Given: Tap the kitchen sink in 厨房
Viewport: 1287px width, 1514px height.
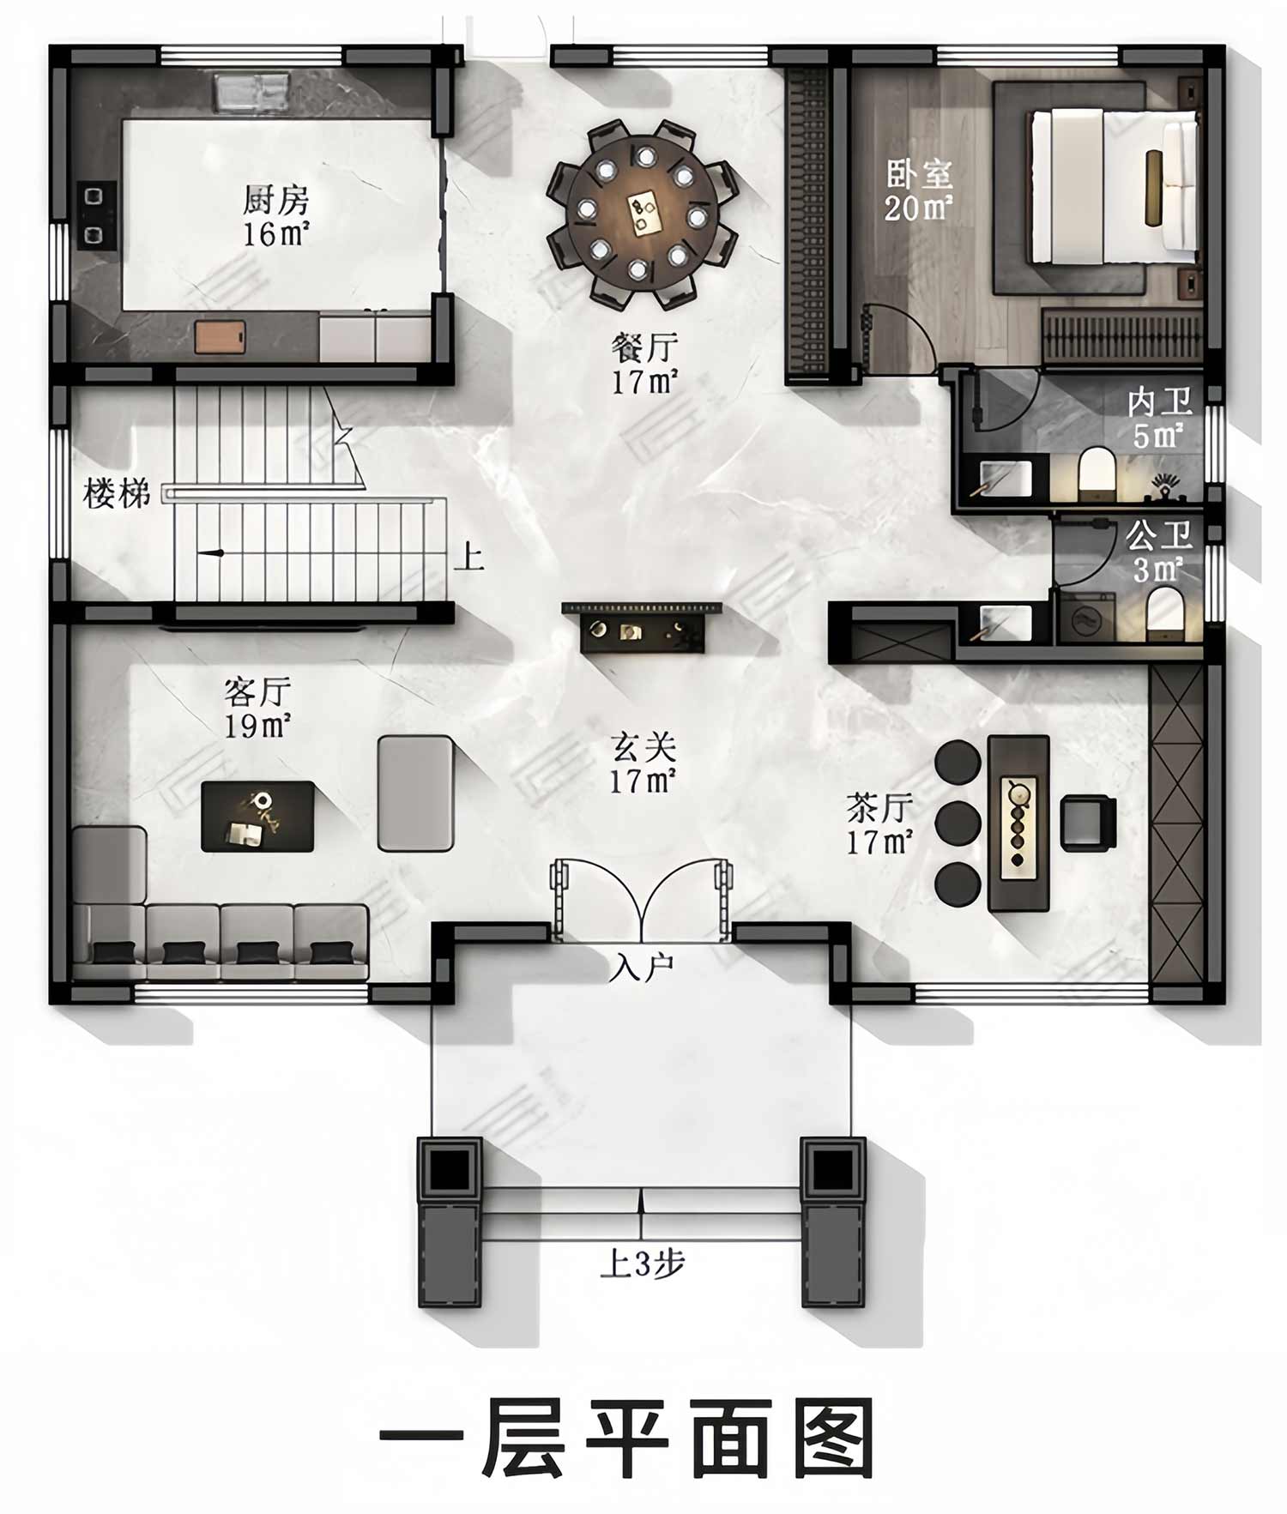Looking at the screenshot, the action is tap(251, 93).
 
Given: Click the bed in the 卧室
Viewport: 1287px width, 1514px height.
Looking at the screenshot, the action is tap(1114, 186).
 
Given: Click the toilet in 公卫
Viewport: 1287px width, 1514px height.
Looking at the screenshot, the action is tap(1164, 612).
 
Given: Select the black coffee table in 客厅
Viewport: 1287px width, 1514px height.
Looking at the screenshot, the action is tap(257, 816).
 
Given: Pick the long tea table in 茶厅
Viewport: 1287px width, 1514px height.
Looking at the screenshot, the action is tap(1018, 823).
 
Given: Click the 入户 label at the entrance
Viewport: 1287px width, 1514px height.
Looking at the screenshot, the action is tap(642, 968).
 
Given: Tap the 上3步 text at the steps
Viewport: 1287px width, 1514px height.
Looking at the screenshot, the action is tap(642, 1264).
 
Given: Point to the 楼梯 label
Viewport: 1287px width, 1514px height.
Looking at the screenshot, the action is tap(117, 494).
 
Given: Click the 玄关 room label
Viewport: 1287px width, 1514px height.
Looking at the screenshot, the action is tap(643, 747).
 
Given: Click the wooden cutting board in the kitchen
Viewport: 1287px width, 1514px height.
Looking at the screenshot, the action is tap(220, 336).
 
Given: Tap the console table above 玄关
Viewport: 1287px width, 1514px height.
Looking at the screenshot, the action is tap(642, 626).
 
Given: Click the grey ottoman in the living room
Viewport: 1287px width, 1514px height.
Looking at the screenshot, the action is tap(415, 793).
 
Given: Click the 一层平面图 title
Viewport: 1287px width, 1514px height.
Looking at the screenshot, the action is tap(627, 1434).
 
